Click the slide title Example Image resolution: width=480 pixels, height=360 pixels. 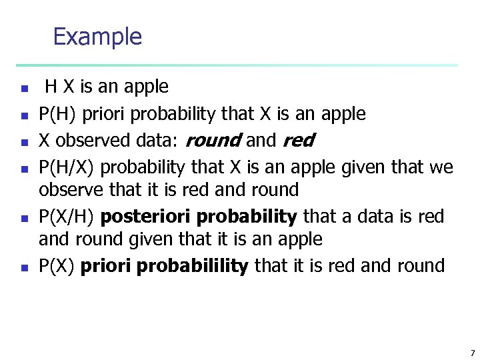tap(97, 36)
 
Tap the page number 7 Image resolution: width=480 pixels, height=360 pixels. tap(472, 353)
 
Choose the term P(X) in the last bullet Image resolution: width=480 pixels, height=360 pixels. tap(57, 266)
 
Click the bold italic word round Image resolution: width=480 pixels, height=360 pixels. tap(213, 141)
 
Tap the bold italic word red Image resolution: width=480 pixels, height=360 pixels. tap(298, 141)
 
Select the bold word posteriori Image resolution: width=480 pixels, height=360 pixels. tap(142, 217)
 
